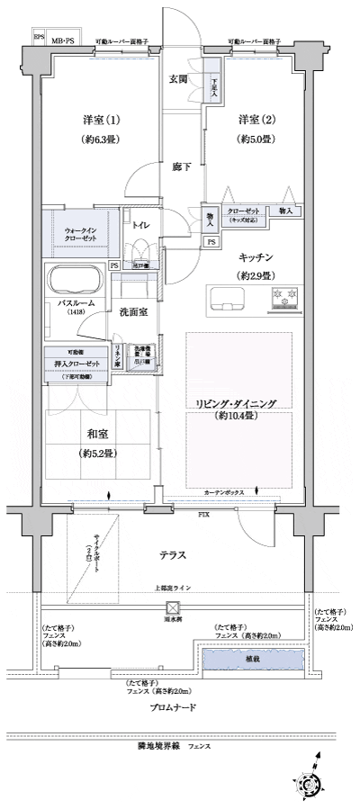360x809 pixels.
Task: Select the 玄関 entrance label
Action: (177, 79)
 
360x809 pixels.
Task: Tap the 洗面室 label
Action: (134, 310)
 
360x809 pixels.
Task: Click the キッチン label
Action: (256, 256)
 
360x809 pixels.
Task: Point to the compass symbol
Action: (315, 787)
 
